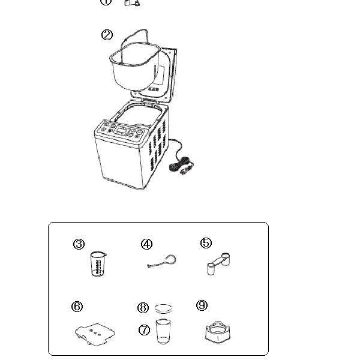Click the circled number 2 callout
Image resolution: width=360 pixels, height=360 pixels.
(x=107, y=35)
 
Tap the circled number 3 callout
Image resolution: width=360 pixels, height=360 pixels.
(x=79, y=244)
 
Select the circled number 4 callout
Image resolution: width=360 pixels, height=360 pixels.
(x=147, y=244)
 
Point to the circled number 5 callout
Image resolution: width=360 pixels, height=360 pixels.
(x=206, y=243)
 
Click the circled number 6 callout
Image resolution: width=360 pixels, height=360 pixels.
(x=77, y=307)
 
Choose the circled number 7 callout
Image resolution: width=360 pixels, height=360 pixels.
(x=144, y=330)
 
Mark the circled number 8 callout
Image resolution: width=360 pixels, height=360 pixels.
(x=143, y=308)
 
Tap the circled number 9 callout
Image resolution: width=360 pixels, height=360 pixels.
(x=202, y=305)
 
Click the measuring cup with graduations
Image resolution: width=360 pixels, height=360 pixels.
(x=97, y=265)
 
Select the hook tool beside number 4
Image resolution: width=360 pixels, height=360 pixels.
(x=163, y=262)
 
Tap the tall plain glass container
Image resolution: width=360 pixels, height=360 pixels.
(x=163, y=332)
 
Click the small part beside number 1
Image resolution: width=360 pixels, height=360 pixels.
(x=131, y=2)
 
